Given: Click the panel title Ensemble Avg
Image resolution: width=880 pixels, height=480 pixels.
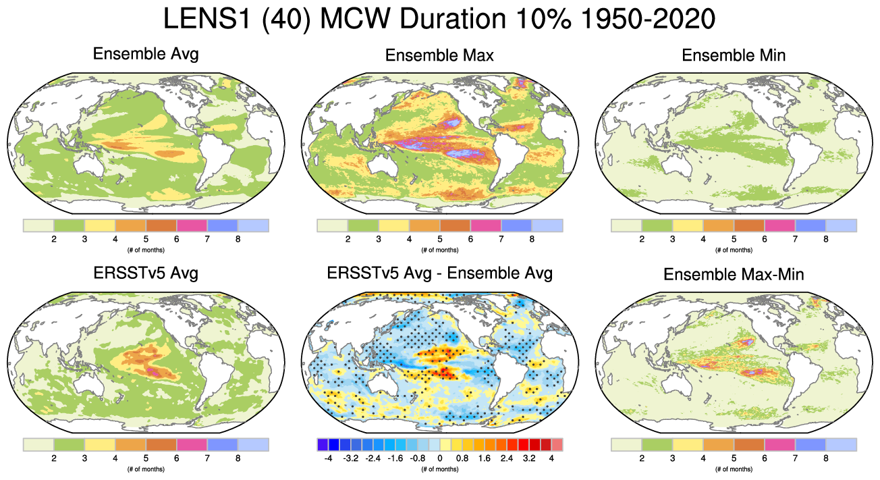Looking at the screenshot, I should tap(146, 54).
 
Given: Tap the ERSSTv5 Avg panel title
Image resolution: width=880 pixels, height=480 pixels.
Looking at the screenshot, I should tap(146, 273).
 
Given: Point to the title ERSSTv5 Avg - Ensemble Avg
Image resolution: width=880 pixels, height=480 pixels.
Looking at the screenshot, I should tap(439, 273).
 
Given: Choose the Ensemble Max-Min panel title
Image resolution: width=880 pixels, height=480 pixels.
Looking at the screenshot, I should tap(734, 275).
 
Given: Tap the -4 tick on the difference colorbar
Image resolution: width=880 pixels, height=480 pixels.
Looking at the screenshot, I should tap(328, 458).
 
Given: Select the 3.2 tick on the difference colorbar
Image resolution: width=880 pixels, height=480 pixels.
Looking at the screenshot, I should tap(529, 458).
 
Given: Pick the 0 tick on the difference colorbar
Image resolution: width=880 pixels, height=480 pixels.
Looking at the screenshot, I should tap(439, 458).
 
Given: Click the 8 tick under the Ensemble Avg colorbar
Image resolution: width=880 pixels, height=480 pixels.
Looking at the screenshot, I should tap(238, 239).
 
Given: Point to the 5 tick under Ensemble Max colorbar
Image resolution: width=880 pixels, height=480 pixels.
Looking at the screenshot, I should tap(439, 239).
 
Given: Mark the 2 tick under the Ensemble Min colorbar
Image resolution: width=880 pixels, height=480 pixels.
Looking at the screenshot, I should tap(641, 239).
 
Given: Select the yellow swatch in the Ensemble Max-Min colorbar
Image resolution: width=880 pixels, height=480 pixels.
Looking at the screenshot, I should tap(687, 444).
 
